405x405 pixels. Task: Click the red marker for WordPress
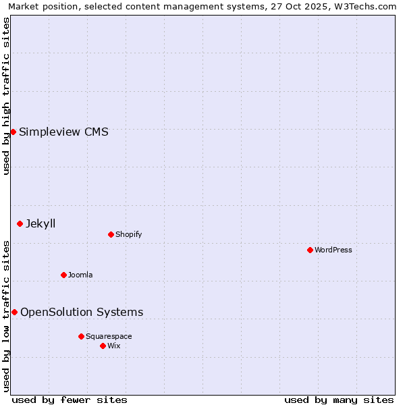click(310, 250)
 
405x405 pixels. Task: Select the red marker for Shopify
click(111, 234)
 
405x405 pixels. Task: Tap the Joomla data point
click(63, 275)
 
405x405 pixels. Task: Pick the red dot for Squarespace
click(81, 336)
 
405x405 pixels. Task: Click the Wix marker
click(103, 346)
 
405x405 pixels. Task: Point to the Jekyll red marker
click(20, 223)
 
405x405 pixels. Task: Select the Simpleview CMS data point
click(13, 132)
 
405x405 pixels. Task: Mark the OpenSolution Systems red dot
click(14, 312)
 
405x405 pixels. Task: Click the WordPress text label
click(333, 250)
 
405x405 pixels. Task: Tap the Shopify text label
click(128, 235)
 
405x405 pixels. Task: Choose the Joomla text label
click(80, 275)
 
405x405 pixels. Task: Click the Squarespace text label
click(109, 337)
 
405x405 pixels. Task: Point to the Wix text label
click(114, 346)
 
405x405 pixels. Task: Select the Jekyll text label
click(40, 224)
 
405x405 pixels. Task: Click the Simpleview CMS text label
click(63, 132)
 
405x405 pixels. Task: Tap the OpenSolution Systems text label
click(82, 313)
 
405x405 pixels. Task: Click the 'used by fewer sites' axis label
click(70, 400)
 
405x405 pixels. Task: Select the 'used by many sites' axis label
click(339, 400)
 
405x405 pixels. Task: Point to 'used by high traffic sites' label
click(6, 96)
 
